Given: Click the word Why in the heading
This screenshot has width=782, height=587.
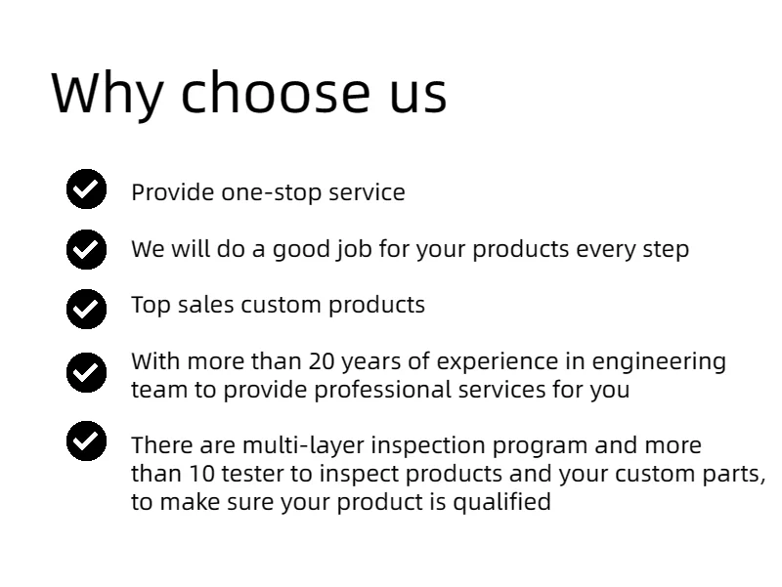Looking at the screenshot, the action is [108, 94].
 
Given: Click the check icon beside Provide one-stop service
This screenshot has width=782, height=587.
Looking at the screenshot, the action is [86, 189].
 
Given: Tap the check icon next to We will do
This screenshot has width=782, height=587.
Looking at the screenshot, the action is [86, 249].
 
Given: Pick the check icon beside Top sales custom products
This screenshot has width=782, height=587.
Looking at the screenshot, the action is [86, 309].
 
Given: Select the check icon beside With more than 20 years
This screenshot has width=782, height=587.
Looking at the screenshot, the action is [86, 372].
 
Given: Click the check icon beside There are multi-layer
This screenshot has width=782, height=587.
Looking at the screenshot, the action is [86, 441].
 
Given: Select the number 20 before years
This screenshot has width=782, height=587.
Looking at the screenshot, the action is [322, 361].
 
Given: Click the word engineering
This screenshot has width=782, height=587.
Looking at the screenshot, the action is [659, 362].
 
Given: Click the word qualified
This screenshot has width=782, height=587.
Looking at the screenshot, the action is [501, 502].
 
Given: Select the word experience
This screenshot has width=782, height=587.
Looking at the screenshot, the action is [498, 362].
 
